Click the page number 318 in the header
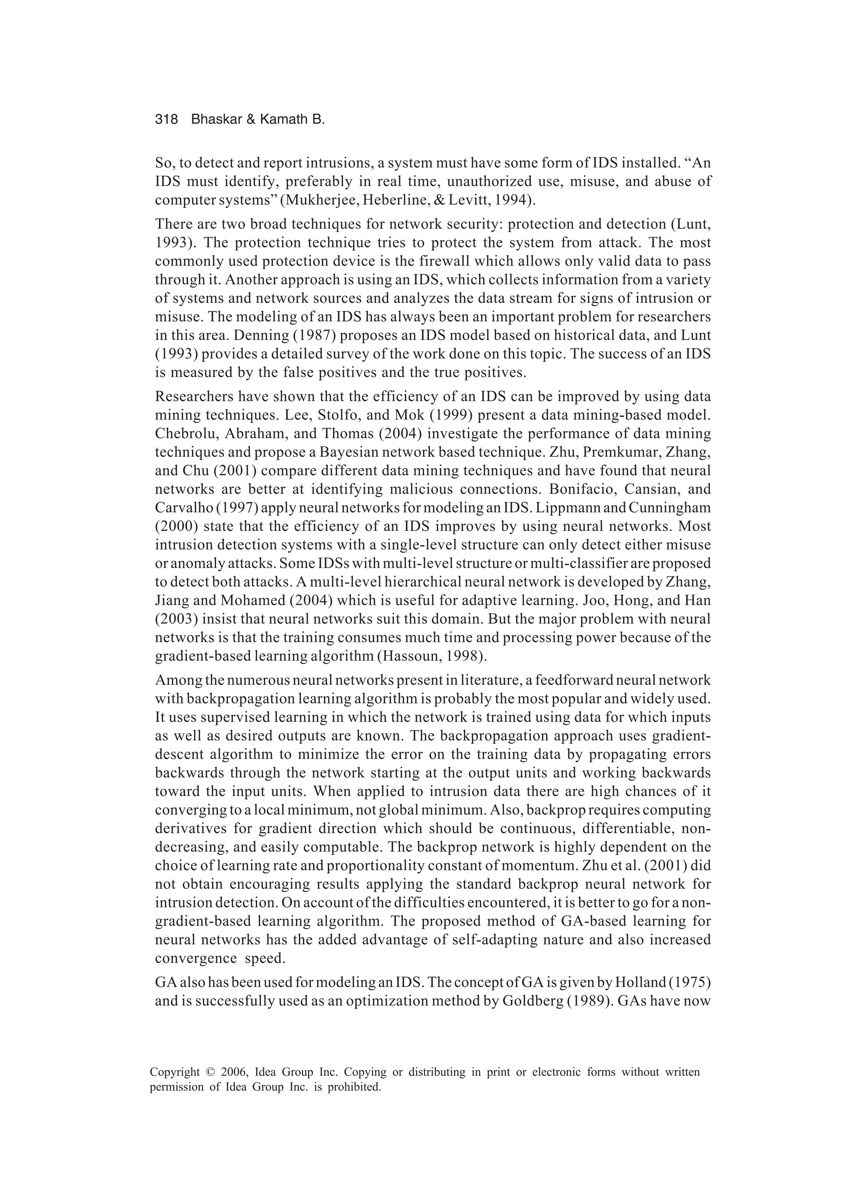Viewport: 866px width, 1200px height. tap(166, 120)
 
